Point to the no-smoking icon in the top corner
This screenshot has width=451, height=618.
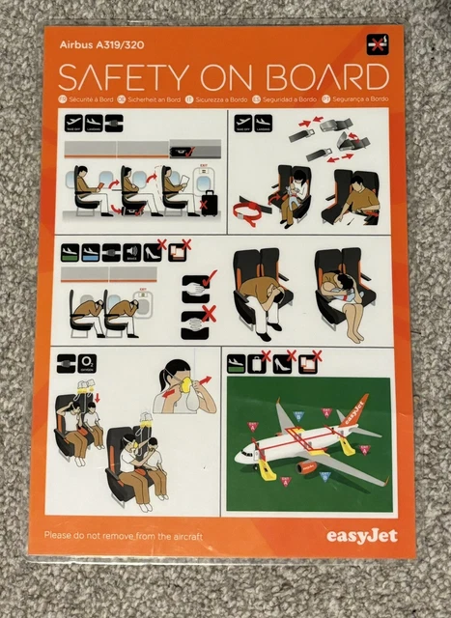tap(376, 42)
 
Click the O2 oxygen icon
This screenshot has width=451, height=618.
tap(89, 364)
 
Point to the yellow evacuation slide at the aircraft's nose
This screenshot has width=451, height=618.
tap(264, 470)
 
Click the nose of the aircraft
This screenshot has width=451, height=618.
tap(239, 455)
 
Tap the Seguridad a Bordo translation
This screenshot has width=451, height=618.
tap(287, 98)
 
